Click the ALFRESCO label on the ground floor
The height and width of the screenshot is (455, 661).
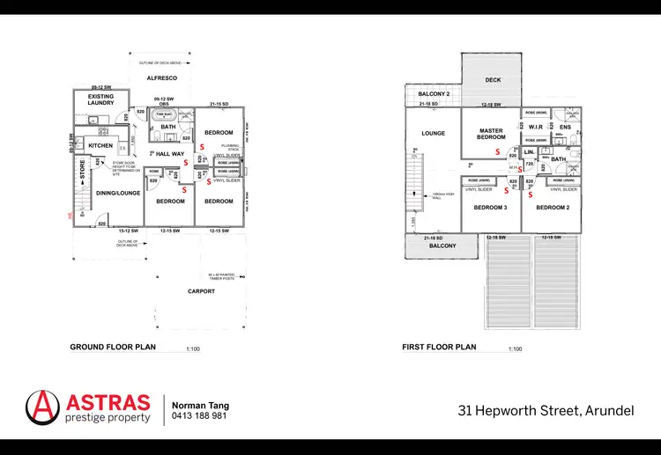click(162, 79)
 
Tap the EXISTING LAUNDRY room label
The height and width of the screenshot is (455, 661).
click(100, 99)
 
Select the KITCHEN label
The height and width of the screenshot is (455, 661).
click(100, 145)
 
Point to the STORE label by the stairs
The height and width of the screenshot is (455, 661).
click(83, 171)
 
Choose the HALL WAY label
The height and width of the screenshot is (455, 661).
click(170, 154)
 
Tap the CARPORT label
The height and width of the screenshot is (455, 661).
click(202, 291)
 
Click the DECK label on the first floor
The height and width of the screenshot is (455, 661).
click(494, 80)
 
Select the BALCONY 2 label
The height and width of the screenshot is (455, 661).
click(434, 94)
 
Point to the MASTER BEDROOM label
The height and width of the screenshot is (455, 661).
click(491, 134)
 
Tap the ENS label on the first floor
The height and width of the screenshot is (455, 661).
click(565, 128)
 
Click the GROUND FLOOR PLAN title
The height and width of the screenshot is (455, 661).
click(113, 347)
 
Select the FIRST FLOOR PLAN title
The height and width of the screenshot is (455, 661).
click(439, 347)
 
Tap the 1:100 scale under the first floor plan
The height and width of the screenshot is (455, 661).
click(516, 349)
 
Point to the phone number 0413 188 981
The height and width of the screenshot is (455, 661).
click(199, 415)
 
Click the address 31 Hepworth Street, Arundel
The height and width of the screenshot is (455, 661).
click(546, 410)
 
